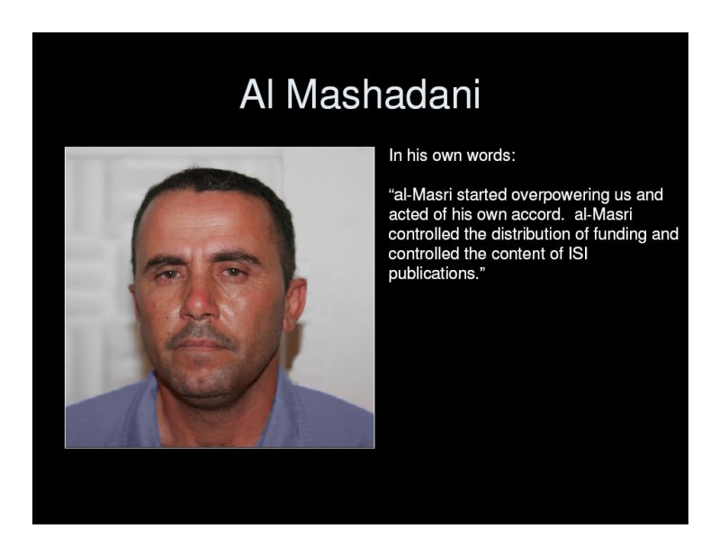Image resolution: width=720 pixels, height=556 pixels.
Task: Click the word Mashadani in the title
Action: pyautogui.click(x=383, y=94)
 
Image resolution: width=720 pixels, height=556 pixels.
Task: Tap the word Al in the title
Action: pyautogui.click(x=256, y=94)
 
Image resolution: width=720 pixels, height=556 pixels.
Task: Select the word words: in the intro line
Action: pyautogui.click(x=490, y=156)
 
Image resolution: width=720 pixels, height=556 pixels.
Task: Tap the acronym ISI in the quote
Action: pyautogui.click(x=578, y=254)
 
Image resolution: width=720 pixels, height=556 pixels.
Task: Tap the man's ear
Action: pyautogui.click(x=296, y=302)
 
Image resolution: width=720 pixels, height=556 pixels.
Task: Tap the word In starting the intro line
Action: pyautogui.click(x=395, y=156)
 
